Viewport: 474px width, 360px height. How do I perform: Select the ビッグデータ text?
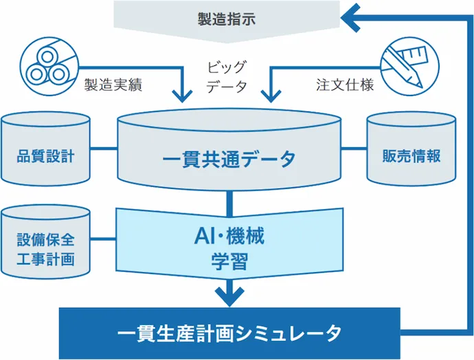coord(227,77)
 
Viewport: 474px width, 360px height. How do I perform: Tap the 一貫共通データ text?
coord(229,159)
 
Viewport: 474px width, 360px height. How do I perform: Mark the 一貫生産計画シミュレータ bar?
coord(229,334)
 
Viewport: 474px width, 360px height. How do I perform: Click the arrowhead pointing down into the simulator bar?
coord(229,295)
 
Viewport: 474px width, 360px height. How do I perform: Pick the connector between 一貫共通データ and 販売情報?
coord(354,148)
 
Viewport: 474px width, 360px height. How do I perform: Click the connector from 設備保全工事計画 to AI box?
coord(102,239)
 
